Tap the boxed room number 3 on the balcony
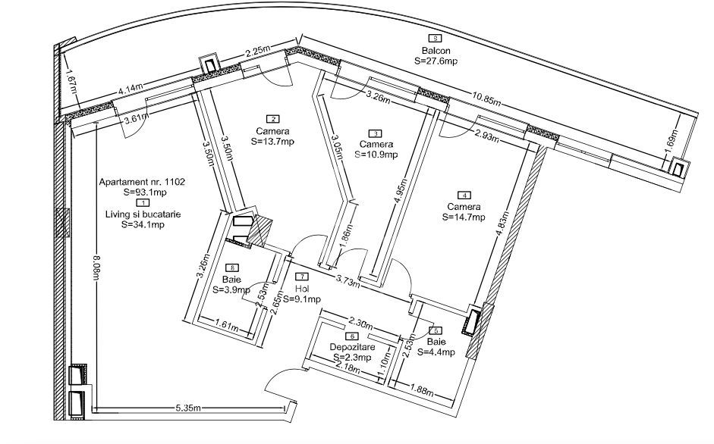pyautogui.click(x=435, y=38)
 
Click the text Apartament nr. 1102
pyautogui.click(x=143, y=182)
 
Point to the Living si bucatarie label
pyautogui.click(x=143, y=214)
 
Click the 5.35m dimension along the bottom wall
pyautogui.click(x=187, y=408)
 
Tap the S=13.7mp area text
pyautogui.click(x=272, y=141)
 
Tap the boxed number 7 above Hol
pyautogui.click(x=302, y=277)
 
